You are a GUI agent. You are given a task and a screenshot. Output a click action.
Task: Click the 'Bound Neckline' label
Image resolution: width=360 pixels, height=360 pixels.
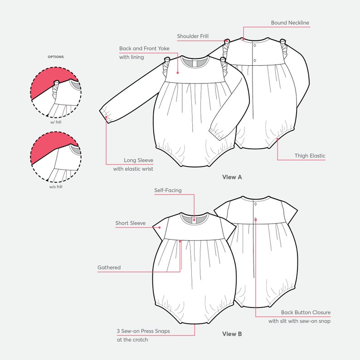coord(290,23)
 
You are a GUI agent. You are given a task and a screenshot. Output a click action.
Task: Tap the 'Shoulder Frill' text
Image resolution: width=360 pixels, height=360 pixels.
coord(193,36)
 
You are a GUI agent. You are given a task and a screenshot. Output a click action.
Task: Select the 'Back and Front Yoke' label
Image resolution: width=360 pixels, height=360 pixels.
coord(144,49)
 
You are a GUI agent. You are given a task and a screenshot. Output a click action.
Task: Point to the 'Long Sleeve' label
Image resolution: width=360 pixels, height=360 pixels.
coord(138,160)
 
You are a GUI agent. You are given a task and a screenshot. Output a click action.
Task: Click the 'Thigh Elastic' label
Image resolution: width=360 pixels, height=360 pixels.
coord(310,156)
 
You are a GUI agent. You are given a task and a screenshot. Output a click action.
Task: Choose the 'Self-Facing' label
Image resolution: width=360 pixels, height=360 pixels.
coord(168,190)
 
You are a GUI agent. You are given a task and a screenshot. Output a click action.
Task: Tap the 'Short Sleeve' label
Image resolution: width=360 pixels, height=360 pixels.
coord(130,223)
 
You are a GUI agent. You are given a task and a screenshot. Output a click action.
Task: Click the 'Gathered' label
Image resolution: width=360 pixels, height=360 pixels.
coord(109,268)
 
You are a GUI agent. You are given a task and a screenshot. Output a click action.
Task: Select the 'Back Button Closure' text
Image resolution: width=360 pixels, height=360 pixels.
coord(306,312)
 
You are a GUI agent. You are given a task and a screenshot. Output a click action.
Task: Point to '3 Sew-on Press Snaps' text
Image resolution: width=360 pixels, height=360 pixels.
coord(143,331)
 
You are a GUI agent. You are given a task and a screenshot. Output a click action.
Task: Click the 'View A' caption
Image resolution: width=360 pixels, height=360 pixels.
coord(232,177)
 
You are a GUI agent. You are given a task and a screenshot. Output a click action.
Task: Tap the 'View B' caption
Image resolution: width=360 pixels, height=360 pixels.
coord(232,334)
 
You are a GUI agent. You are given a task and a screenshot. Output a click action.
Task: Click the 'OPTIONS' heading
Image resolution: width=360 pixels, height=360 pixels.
coord(56,57)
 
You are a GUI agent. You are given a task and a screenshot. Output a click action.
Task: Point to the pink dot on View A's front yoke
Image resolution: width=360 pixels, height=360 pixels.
coord(177,72)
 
